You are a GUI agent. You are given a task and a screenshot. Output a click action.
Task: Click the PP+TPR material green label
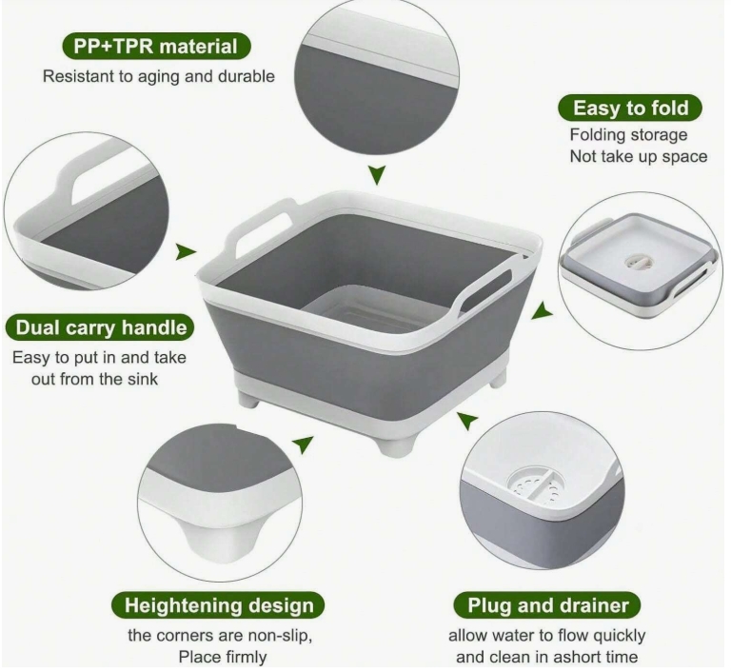pyautogui.click(x=157, y=47)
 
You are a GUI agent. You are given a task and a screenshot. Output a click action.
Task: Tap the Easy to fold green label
pyautogui.click(x=630, y=108)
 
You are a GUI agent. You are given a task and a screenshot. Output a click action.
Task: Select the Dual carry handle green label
pyautogui.click(x=100, y=327)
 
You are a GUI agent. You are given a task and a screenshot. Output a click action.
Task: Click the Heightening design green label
pyautogui.click(x=218, y=605)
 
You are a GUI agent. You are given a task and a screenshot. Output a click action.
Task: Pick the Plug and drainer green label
pyautogui.click(x=547, y=605)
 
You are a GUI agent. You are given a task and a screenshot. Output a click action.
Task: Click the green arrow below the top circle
pyautogui.click(x=377, y=175)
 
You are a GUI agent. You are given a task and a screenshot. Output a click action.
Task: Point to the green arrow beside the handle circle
pyautogui.click(x=186, y=252)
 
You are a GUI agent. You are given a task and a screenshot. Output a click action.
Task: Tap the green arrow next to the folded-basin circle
pyautogui.click(x=543, y=311)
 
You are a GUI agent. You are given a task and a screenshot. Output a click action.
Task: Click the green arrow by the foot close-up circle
pyautogui.click(x=303, y=444)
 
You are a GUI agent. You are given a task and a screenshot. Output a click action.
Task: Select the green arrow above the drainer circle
pyautogui.click(x=467, y=421)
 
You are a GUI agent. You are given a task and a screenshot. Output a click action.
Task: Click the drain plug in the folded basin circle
pyautogui.click(x=637, y=262)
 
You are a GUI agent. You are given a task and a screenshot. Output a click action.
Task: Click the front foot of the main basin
pyautogui.click(x=393, y=445)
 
